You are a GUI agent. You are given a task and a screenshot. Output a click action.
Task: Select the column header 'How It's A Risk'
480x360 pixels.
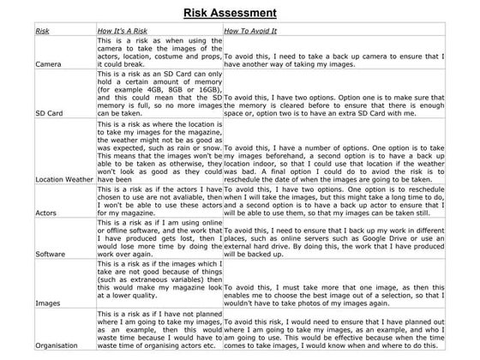pos(123,31)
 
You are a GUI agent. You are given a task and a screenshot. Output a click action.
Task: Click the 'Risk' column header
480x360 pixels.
pos(43,31)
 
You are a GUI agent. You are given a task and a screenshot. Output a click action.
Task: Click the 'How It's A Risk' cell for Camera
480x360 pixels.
pos(157,52)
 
